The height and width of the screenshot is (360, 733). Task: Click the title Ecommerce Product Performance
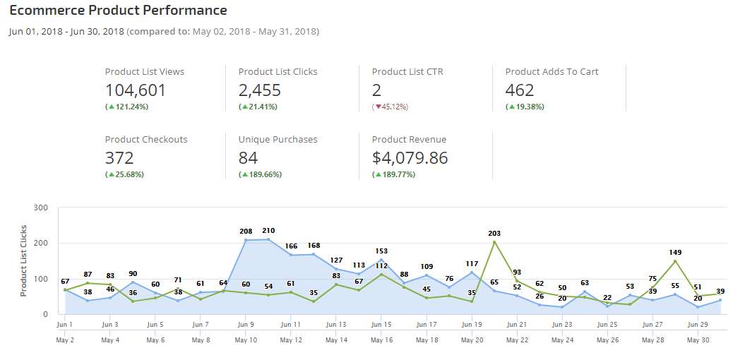click(118, 11)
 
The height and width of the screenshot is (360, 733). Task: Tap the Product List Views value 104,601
click(136, 90)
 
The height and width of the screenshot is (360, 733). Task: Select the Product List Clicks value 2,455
click(259, 90)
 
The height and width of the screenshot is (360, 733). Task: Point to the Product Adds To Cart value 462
click(520, 90)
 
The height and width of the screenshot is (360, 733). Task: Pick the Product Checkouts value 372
click(119, 158)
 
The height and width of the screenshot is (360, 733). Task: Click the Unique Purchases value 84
click(248, 158)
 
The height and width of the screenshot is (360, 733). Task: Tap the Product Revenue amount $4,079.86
click(410, 158)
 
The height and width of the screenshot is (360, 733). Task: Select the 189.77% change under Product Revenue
click(396, 174)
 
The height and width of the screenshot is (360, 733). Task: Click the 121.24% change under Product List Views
click(129, 107)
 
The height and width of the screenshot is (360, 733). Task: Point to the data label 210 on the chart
click(268, 231)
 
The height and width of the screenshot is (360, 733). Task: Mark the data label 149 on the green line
click(675, 252)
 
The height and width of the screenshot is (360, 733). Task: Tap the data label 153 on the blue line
click(381, 251)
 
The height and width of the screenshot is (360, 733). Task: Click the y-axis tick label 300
click(40, 208)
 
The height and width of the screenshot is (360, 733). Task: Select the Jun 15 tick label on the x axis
click(381, 325)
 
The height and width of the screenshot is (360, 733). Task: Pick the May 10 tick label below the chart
click(246, 340)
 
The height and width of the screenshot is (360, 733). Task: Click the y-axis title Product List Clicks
click(24, 260)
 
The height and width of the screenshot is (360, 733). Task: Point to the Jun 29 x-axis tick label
click(698, 325)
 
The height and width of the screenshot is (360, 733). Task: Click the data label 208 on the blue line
click(246, 232)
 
